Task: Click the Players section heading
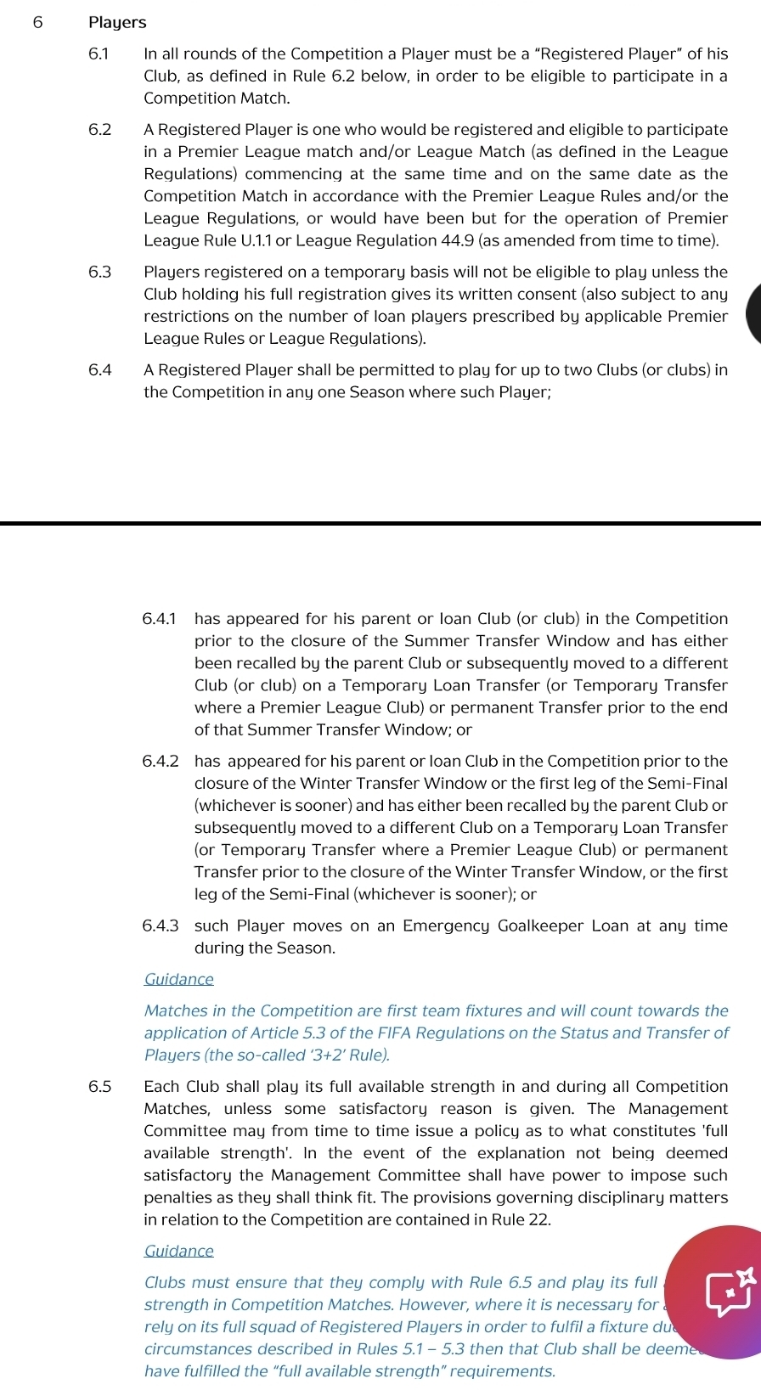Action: (117, 23)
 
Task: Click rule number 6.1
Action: (99, 54)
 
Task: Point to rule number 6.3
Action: (99, 273)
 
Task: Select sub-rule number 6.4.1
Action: (161, 619)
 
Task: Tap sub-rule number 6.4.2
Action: (161, 762)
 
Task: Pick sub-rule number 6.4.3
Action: (161, 926)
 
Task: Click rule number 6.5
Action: (99, 1087)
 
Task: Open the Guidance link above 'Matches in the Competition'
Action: (178, 979)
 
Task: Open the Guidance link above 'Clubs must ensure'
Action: (178, 1251)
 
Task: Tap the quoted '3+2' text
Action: (325, 1055)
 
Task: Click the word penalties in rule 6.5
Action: (178, 1198)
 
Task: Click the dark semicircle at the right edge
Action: (753, 314)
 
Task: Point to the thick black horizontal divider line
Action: (380, 524)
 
